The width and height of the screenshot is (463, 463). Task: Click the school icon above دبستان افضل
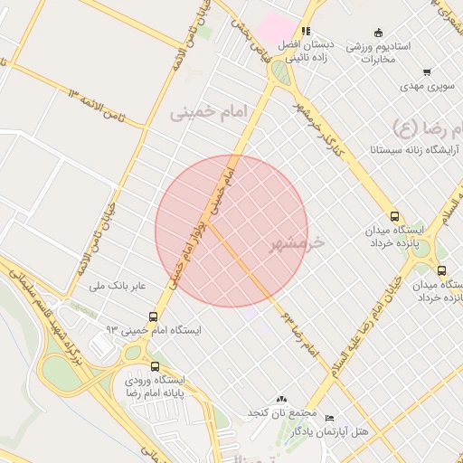click(x=306, y=31)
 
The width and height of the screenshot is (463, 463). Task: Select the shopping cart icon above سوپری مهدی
click(x=426, y=72)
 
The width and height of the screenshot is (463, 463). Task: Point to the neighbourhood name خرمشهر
click(x=296, y=244)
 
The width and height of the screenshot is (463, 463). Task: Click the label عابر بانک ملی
click(x=118, y=287)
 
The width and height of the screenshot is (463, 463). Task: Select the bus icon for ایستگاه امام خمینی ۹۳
click(x=154, y=317)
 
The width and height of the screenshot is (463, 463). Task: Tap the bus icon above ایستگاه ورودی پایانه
click(x=156, y=367)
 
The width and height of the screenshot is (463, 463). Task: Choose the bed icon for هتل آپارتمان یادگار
click(x=328, y=419)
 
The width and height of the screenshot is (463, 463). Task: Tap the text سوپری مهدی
click(x=424, y=88)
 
